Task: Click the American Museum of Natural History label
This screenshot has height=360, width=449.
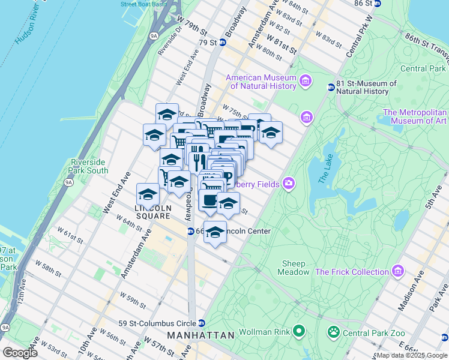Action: pos(261,81)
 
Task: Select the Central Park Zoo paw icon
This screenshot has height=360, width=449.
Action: pos(333,331)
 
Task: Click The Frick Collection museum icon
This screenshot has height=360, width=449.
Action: pos(397,272)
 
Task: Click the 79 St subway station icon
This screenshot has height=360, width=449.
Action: pos(222,42)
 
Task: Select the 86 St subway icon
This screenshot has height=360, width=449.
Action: pos(378,3)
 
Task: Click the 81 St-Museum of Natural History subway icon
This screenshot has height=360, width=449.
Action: pos(330,88)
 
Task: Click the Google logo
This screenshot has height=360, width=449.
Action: pos(20,352)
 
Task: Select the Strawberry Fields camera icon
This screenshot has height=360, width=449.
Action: pos(289,183)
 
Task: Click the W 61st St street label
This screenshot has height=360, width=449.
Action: pos(70,235)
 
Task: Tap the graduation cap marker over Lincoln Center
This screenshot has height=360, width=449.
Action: pos(215,232)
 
